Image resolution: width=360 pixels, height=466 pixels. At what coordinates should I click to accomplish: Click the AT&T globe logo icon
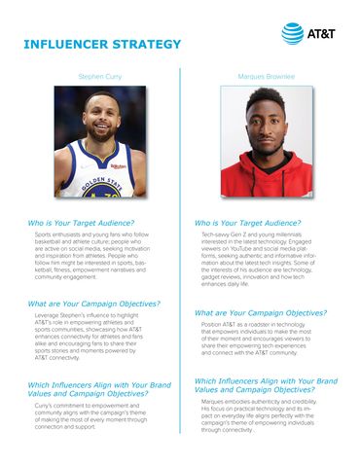[291, 33]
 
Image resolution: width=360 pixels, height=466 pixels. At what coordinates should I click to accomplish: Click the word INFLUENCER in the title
[62, 46]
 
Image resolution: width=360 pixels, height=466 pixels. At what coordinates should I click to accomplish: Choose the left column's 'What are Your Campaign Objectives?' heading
[95, 304]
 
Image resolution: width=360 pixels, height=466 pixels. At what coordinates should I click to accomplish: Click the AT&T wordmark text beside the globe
[324, 34]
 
